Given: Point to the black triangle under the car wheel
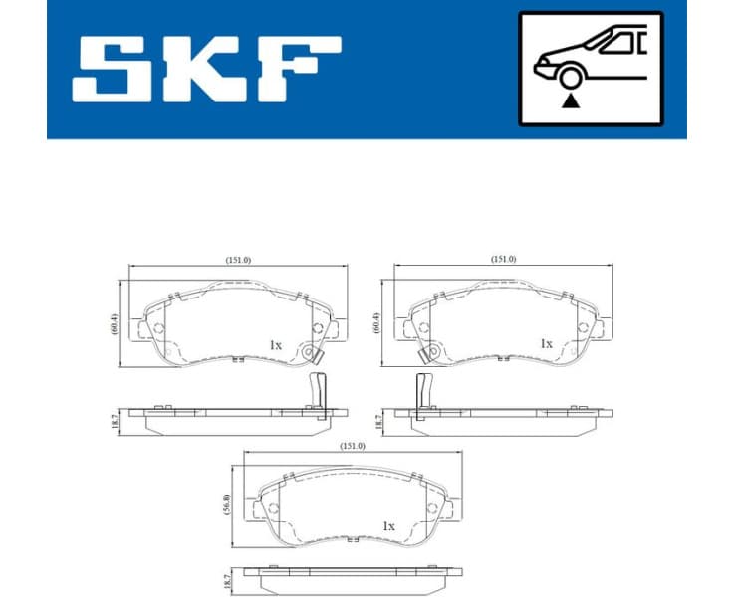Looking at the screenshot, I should (570, 99).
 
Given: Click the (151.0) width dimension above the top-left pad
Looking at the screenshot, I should (239, 260).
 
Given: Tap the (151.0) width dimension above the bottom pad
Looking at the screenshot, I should (352, 446).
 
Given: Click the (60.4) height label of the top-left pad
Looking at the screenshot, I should (115, 324).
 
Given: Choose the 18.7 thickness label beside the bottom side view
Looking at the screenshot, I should (230, 578).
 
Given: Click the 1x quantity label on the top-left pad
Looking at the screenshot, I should (276, 344).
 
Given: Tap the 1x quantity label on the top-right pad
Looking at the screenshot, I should (546, 343).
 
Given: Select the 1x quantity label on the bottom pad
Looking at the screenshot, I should (388, 526).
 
